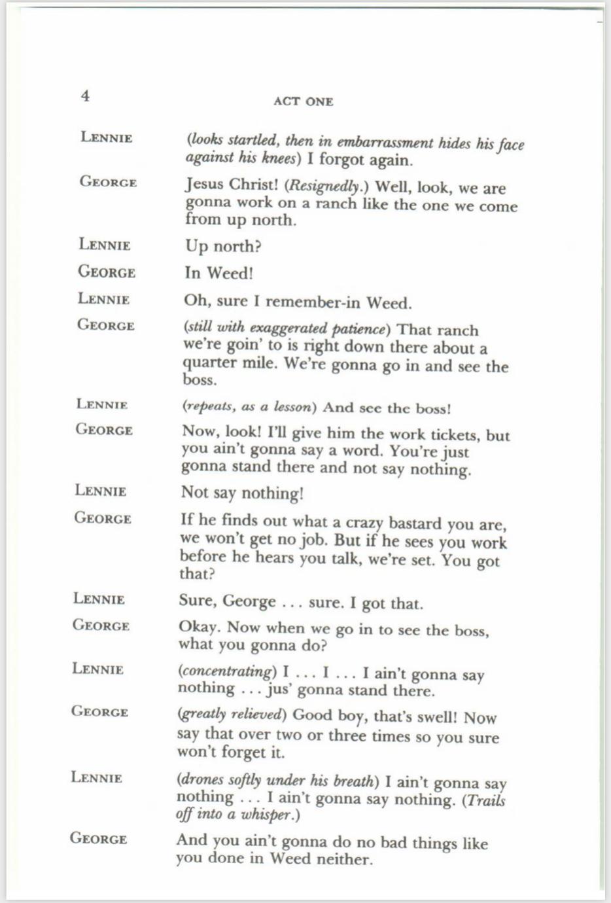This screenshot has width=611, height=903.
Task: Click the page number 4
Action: tap(86, 96)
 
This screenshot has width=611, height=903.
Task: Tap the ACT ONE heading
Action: tap(304, 101)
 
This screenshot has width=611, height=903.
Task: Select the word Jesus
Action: tap(205, 185)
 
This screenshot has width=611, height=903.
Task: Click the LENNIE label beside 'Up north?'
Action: tap(105, 245)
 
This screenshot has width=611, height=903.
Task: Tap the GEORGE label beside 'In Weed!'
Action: tap(107, 272)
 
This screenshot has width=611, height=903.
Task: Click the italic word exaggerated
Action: tap(288, 328)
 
